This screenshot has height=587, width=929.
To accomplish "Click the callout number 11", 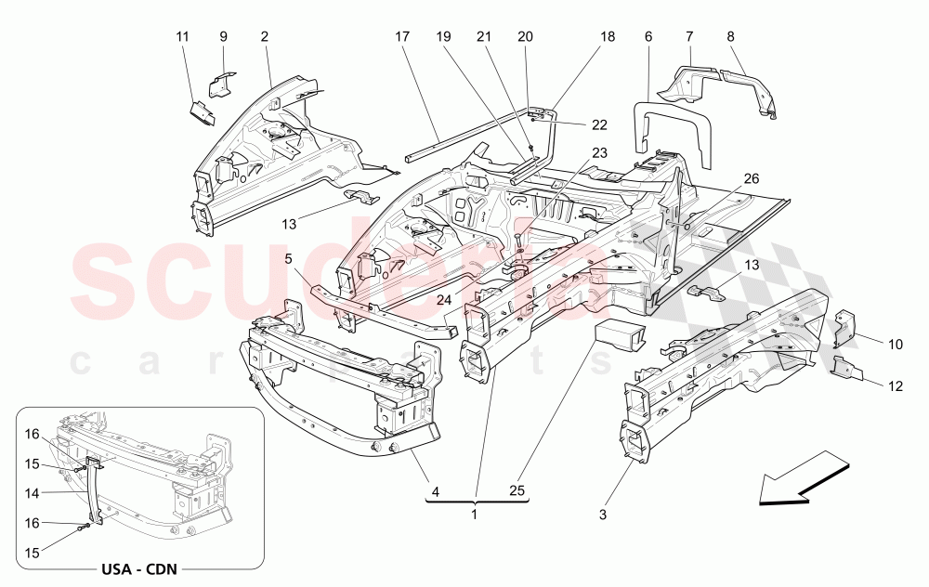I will pyautogui.click(x=182, y=36).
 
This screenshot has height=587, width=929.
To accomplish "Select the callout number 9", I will pyautogui.click(x=223, y=36).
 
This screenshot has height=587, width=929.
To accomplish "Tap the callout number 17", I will pyautogui.click(x=401, y=36).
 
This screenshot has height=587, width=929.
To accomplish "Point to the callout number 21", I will pyautogui.click(x=483, y=36).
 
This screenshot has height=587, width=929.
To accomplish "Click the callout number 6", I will pyautogui.click(x=648, y=36).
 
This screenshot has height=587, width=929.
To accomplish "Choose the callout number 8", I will pyautogui.click(x=730, y=36).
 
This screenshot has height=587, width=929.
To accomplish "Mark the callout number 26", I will pyautogui.click(x=752, y=178).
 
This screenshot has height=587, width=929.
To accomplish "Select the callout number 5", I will pyautogui.click(x=288, y=259).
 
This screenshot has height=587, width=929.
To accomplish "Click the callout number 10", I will pyautogui.click(x=895, y=345).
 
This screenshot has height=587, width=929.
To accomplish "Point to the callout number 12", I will pyautogui.click(x=895, y=385).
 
